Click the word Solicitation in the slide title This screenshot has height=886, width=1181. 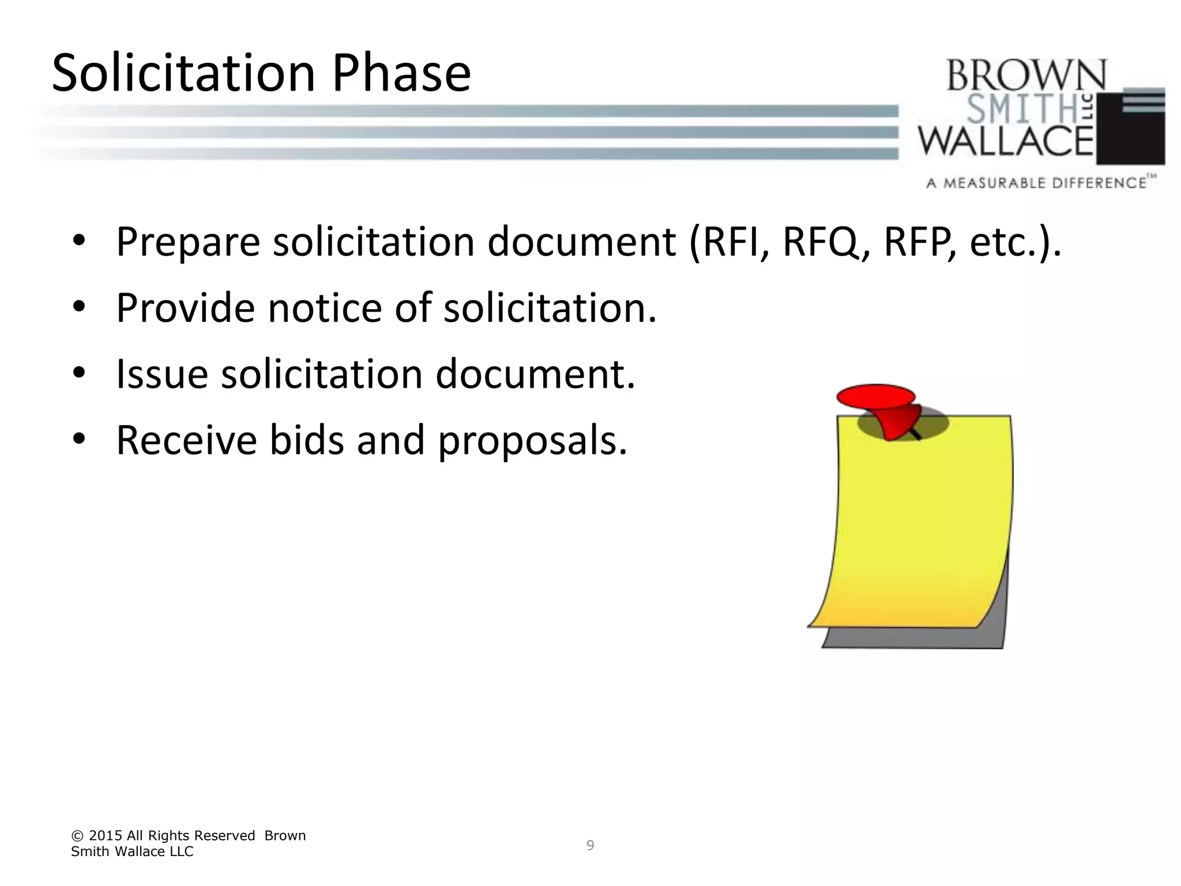coord(183,73)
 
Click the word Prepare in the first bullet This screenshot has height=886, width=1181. coord(188,242)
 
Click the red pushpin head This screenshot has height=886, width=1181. coord(875,396)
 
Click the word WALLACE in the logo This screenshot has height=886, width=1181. coord(1006,141)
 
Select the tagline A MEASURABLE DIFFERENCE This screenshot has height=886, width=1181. coord(1036,183)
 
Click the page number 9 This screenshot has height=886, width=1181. coord(590,846)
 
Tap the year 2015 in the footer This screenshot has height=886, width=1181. coord(105,836)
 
